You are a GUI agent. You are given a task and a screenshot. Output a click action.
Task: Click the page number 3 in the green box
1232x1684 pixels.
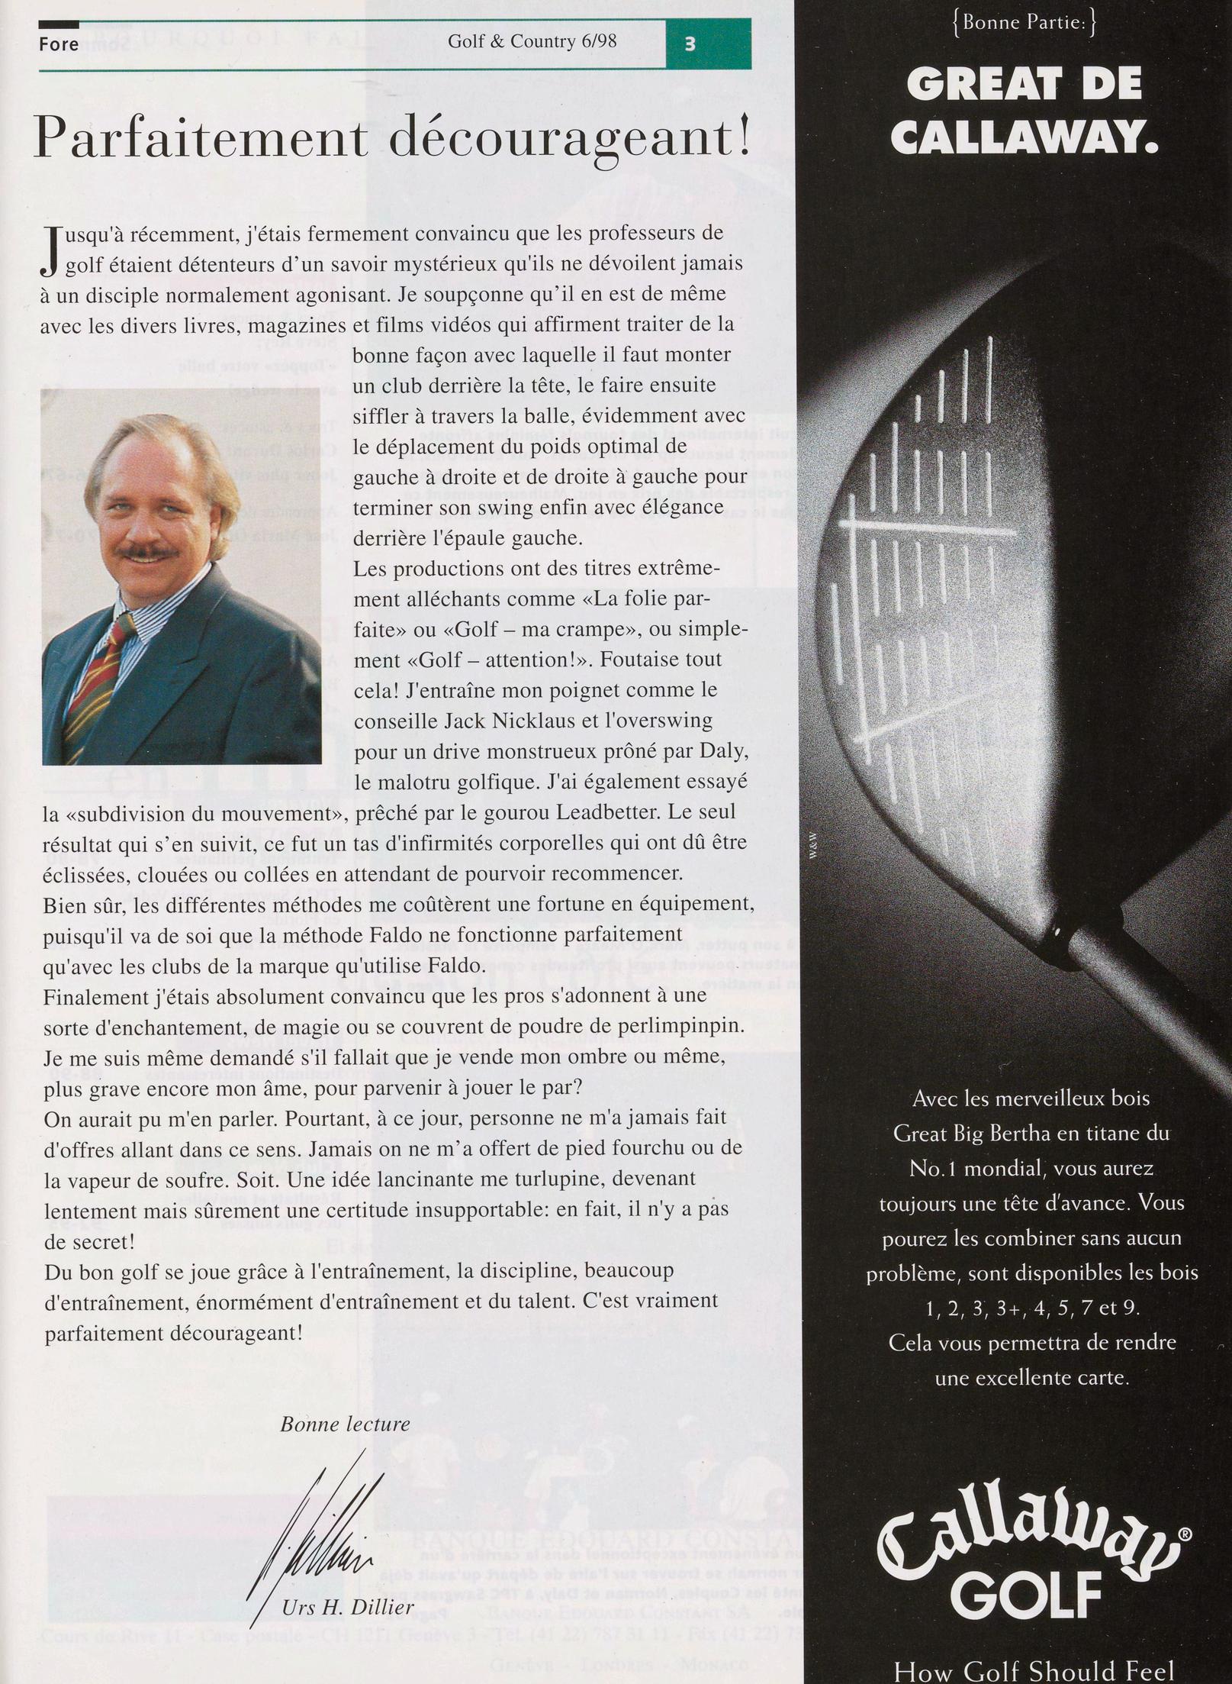point(690,44)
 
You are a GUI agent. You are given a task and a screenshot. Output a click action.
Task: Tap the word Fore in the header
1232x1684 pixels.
point(59,44)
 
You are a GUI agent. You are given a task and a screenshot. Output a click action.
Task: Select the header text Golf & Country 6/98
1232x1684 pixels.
point(532,41)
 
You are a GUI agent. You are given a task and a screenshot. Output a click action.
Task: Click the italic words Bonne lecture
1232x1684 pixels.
point(345,1424)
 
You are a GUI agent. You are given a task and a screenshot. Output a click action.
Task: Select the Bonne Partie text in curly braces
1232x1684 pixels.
point(1024,23)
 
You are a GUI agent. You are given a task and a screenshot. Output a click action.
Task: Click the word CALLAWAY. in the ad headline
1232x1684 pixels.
point(1024,137)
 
